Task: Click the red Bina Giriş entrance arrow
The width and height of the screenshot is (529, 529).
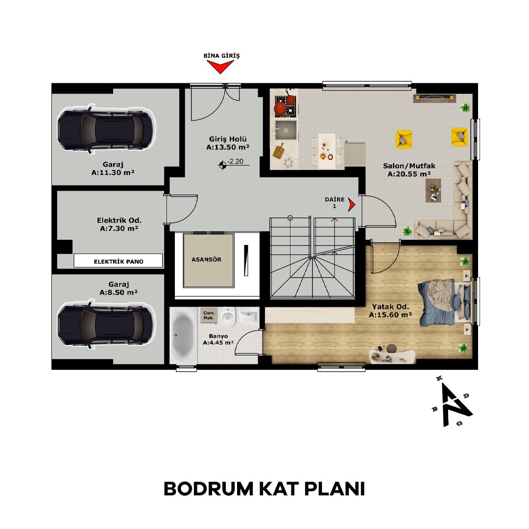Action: [220, 67]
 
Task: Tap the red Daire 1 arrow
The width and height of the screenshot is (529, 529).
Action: [352, 204]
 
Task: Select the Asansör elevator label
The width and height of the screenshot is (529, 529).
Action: [207, 260]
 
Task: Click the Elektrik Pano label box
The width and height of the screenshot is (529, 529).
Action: [118, 261]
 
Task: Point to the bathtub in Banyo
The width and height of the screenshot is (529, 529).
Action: [183, 336]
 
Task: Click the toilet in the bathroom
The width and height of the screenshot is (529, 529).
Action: [228, 316]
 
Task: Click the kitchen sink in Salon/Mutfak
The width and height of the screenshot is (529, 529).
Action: [286, 130]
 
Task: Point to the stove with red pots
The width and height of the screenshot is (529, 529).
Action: [286, 106]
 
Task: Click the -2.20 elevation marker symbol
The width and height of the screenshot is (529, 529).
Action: [222, 166]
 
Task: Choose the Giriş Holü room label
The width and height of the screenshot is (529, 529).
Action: [228, 143]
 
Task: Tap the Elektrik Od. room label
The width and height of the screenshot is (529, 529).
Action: [119, 224]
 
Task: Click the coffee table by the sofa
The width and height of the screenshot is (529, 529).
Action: [433, 190]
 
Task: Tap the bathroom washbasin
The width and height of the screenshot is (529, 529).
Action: [249, 315]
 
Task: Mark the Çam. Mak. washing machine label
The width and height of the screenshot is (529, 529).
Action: [209, 315]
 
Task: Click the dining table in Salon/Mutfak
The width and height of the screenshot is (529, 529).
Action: [327, 151]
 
